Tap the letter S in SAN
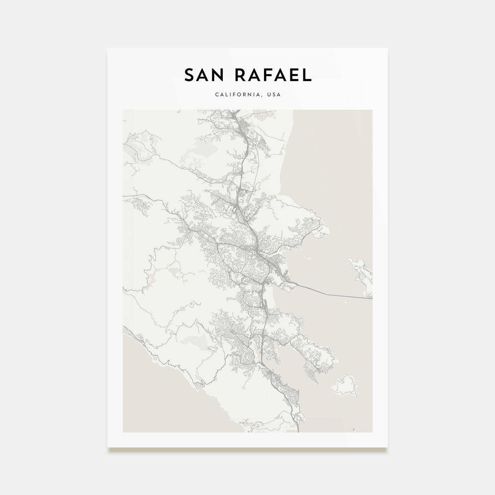click(189, 75)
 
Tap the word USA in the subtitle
click(274, 95)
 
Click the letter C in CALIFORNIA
click(216, 95)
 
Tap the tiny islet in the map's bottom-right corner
click(353, 430)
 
